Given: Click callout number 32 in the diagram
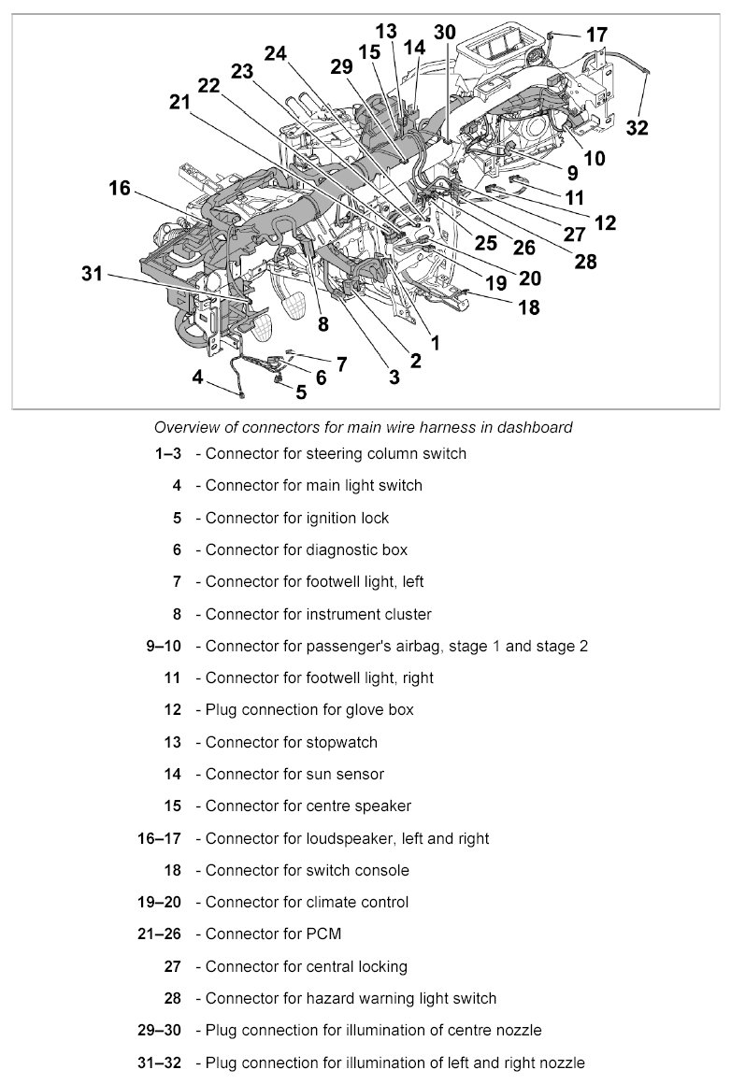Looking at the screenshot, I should (x=637, y=128).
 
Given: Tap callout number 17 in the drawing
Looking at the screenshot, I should (x=597, y=36).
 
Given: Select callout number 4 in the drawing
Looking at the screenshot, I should (x=197, y=377).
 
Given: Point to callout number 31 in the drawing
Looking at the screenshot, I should (x=92, y=274).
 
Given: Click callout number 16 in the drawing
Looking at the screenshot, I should (x=119, y=188).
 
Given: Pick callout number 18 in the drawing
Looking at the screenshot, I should (x=529, y=307).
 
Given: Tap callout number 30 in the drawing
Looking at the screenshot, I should (x=445, y=31).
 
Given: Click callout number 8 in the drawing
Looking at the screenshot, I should (x=322, y=324).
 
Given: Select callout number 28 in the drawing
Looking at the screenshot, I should (x=585, y=262).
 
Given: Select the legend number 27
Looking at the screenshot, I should (x=172, y=966).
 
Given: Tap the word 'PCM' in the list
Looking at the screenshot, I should (x=324, y=934).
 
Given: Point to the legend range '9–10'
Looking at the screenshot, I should (x=163, y=646).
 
